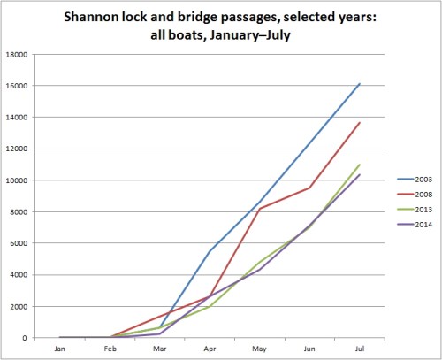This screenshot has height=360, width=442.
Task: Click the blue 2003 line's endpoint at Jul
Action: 358,84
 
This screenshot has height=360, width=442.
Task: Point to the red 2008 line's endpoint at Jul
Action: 358,123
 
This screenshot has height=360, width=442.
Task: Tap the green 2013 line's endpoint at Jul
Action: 358,165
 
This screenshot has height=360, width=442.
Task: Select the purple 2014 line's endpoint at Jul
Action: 358,175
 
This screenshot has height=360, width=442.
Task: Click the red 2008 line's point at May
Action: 259,209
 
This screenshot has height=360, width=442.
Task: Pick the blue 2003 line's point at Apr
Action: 210,250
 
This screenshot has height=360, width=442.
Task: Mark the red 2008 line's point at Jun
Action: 309,188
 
